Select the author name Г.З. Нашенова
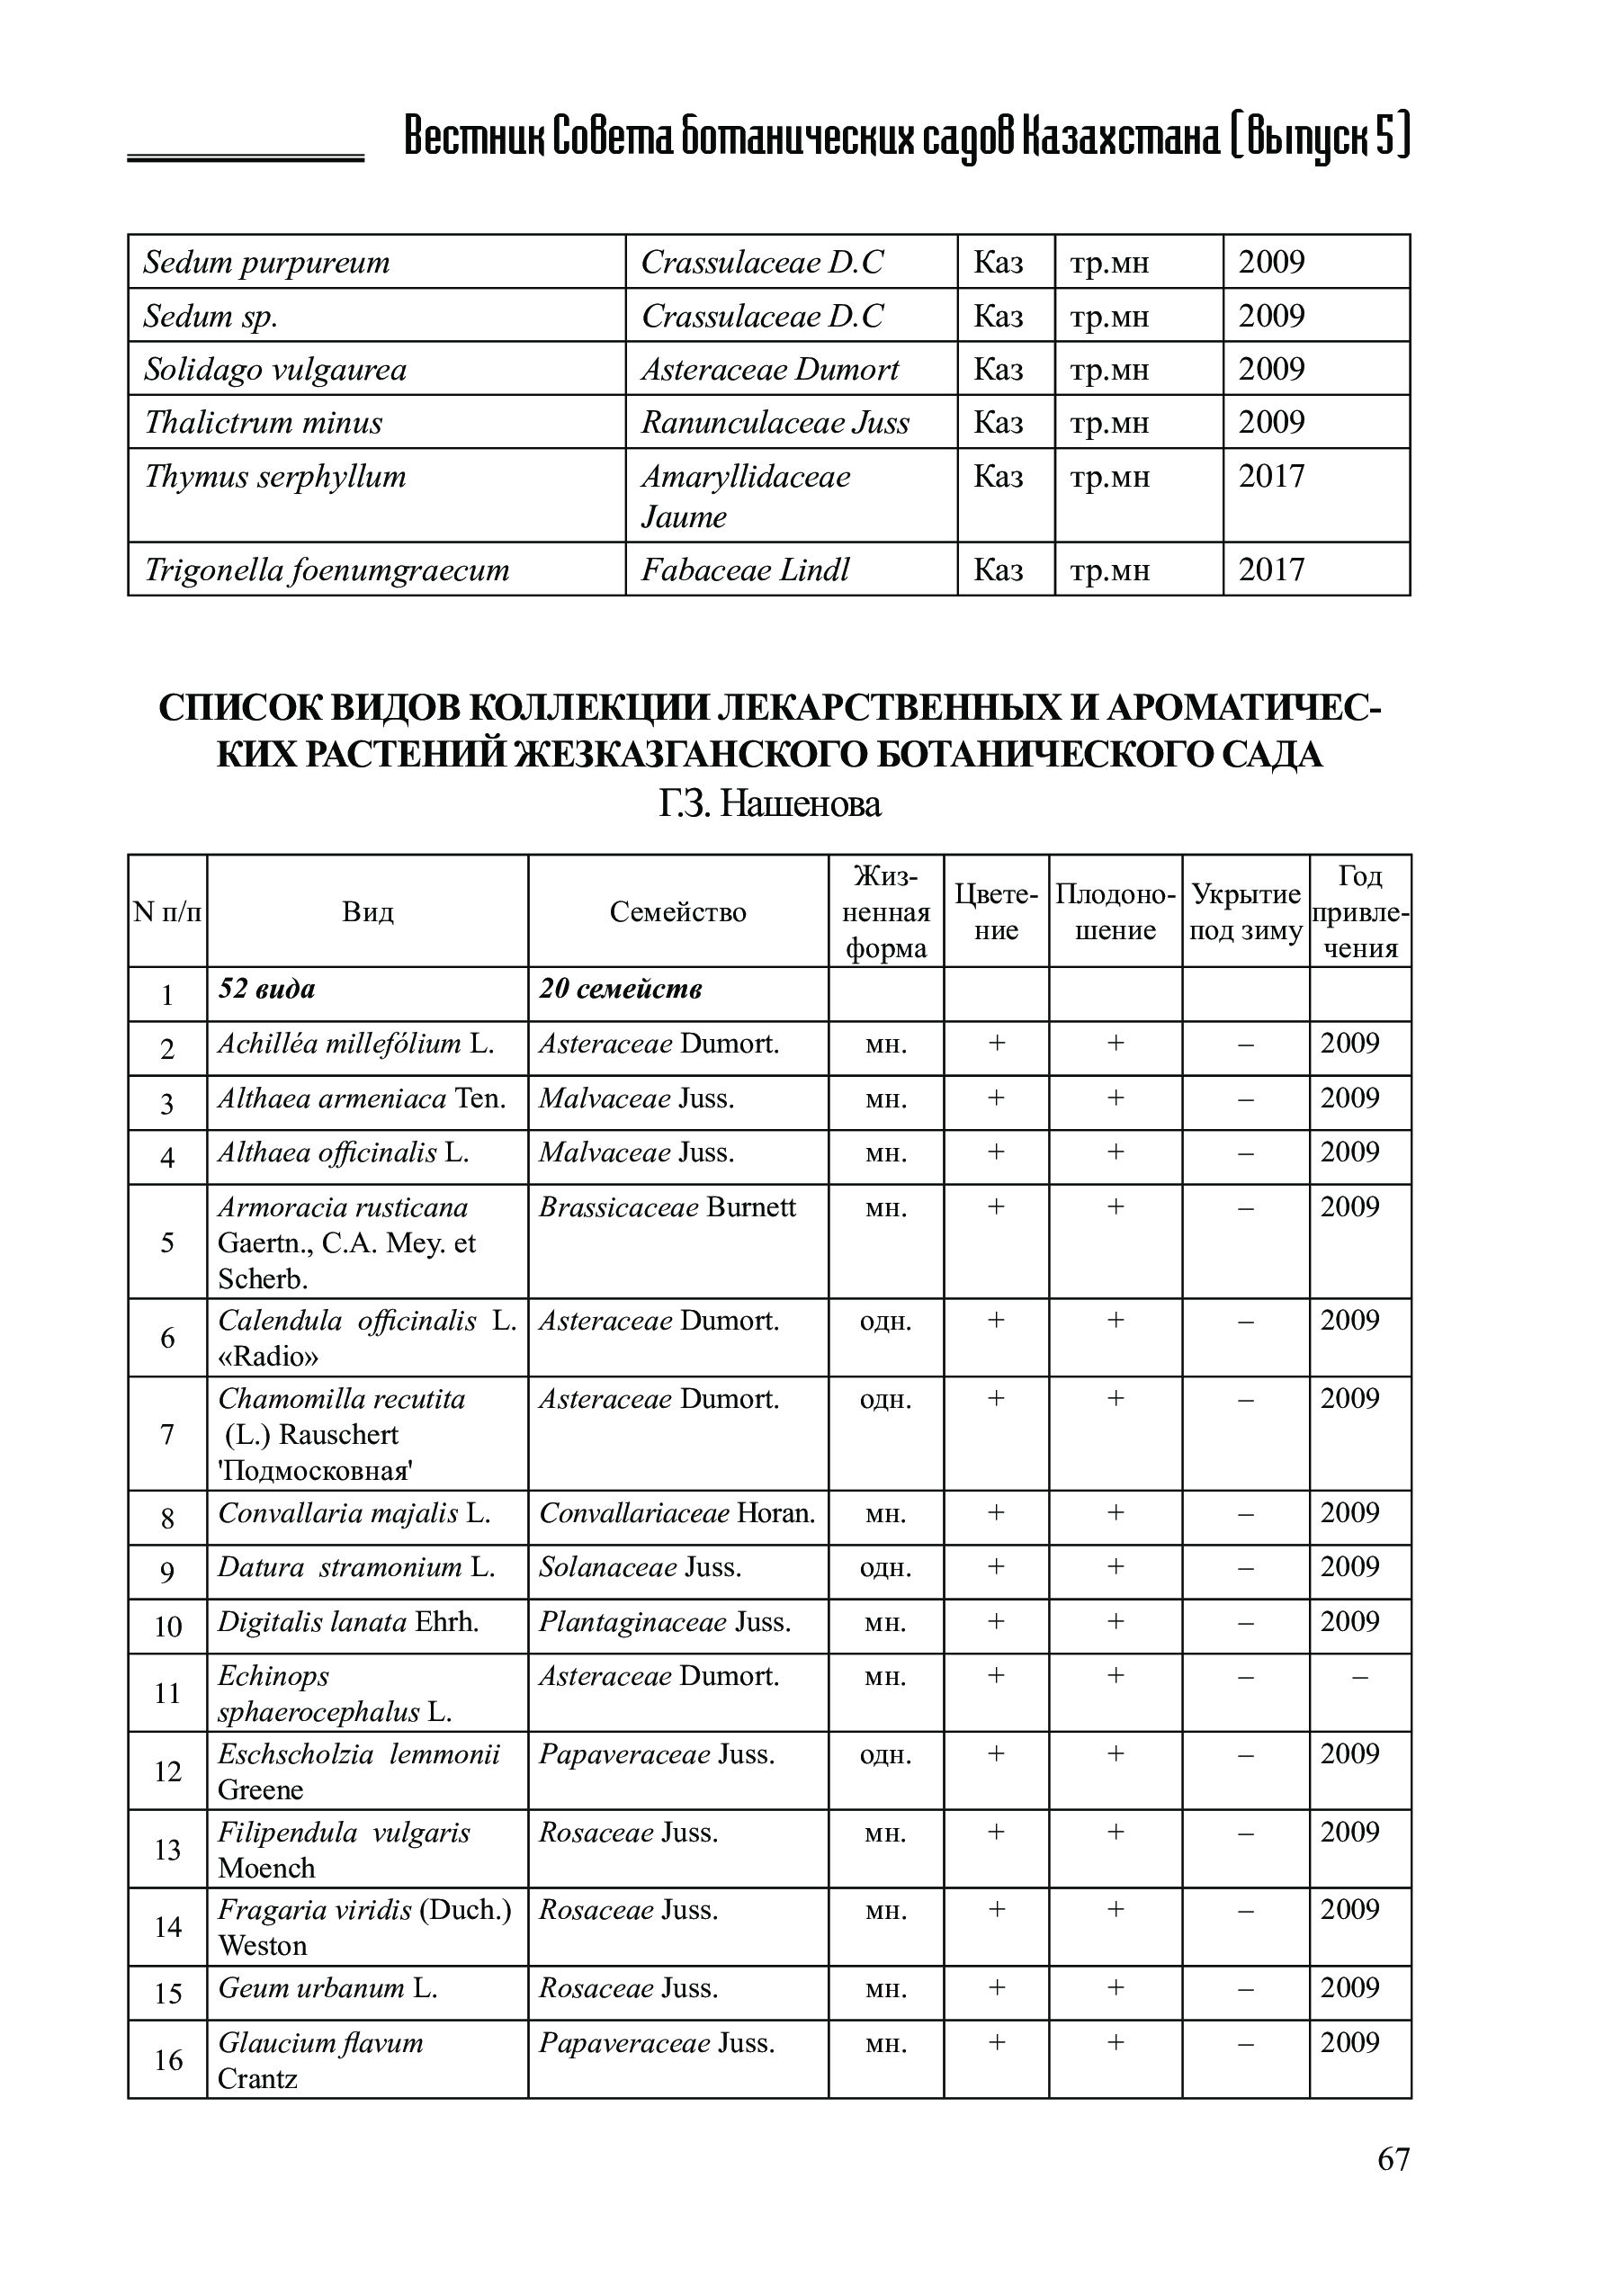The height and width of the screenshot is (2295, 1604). (769, 803)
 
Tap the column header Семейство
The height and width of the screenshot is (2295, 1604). (677, 911)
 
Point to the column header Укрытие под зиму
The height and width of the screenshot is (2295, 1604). (1245, 911)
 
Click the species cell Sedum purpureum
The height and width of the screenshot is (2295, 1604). (267, 263)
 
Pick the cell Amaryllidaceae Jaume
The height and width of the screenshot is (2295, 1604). (746, 496)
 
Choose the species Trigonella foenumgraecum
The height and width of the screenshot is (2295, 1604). (327, 569)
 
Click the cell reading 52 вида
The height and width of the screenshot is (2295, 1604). (267, 989)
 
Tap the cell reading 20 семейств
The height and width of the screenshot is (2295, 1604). (621, 989)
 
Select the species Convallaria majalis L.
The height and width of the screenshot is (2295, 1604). (354, 1513)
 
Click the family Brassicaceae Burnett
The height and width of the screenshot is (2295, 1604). (668, 1207)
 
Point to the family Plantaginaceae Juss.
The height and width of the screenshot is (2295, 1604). (665, 1621)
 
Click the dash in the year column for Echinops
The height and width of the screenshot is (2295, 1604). (1358, 1676)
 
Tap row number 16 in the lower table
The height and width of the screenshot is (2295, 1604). (168, 2060)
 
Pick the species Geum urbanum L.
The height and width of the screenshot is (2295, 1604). (327, 1988)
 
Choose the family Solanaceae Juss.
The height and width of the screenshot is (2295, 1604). (640, 1567)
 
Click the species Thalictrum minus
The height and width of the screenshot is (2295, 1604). (264, 423)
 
